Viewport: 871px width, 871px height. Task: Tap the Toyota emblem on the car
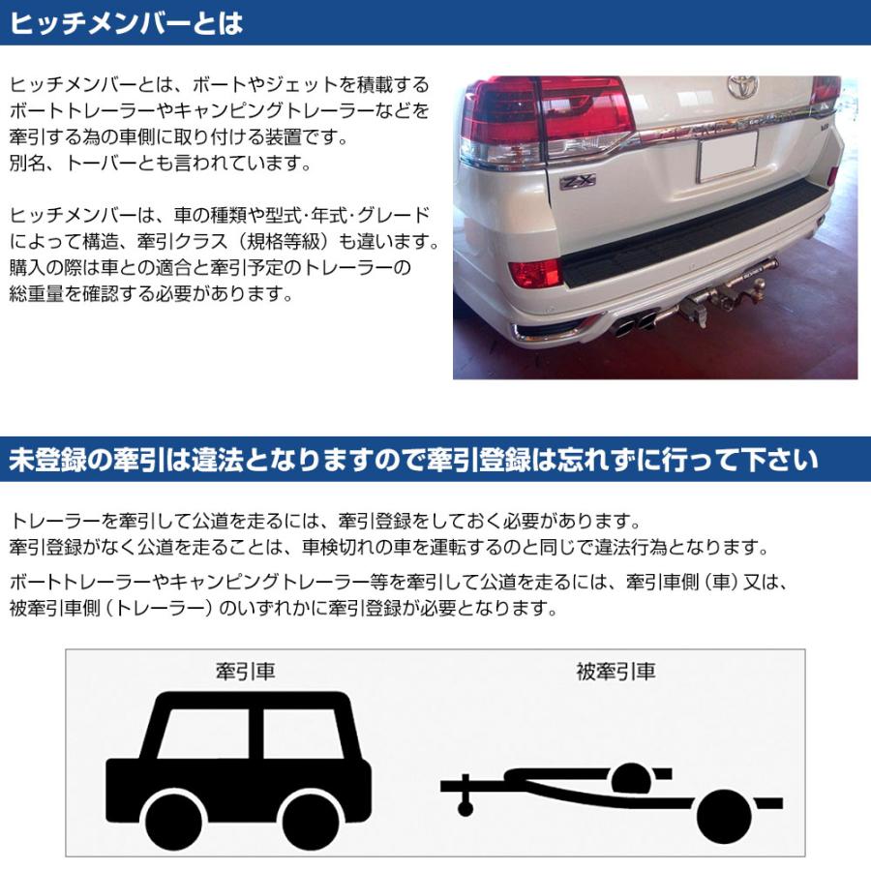pos(742,87)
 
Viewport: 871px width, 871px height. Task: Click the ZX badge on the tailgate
pos(577,181)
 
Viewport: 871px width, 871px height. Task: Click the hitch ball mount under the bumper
pos(721,300)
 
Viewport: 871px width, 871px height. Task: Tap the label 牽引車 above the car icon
pos(246,671)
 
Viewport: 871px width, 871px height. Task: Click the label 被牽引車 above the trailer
pos(615,671)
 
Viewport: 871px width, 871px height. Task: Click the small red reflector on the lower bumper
pos(534,274)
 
